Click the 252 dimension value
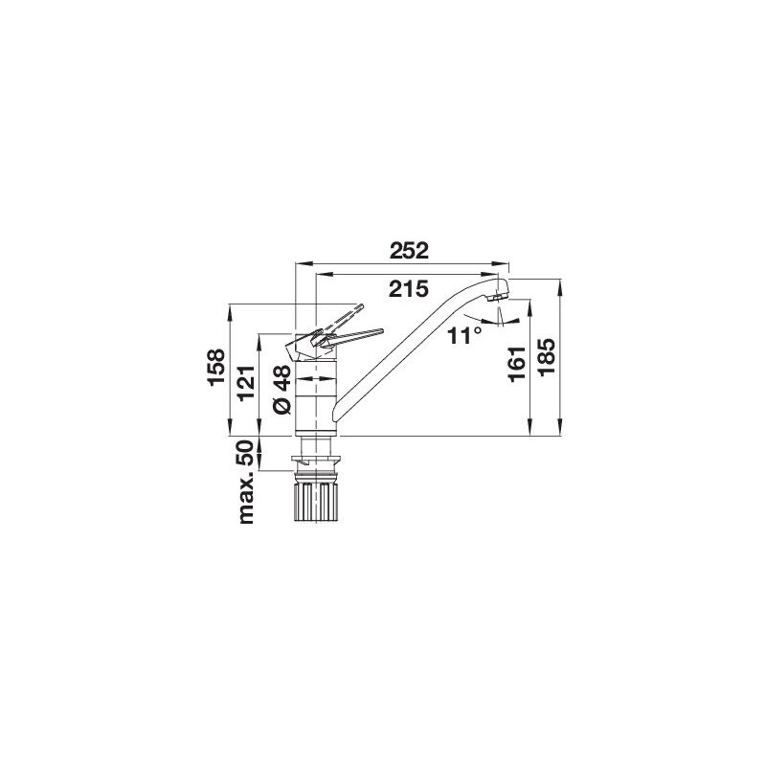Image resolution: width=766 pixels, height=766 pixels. tap(410, 251)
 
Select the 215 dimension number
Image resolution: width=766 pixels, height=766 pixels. tap(409, 289)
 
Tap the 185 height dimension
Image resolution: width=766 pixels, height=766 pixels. tap(547, 357)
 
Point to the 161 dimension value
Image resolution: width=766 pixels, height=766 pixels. tap(516, 364)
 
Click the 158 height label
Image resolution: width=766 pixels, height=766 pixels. tap(216, 368)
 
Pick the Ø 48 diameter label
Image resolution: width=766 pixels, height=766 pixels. tap(282, 390)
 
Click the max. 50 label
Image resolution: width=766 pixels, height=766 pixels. tap(247, 482)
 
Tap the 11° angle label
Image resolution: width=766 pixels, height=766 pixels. tap(464, 336)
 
